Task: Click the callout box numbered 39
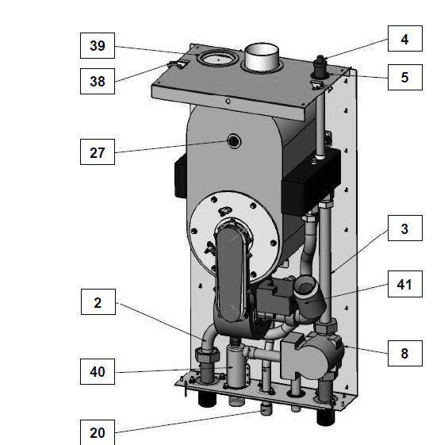pos(98,46)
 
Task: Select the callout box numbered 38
pos(98,81)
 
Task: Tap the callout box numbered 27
pos(98,152)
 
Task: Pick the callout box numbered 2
pos(98,302)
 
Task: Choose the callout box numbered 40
pos(98,371)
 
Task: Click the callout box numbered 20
pos(98,432)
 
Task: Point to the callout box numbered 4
pos(405,39)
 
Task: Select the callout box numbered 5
pos(405,77)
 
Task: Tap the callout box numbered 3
pos(405,228)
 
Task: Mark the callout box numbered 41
pos(405,284)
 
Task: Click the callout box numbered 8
pos(405,353)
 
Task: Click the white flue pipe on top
pos(262,58)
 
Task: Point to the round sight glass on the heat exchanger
pos(233,141)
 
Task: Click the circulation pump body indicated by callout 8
pos(312,356)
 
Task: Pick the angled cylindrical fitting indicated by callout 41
pos(308,297)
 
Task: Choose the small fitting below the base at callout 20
pos(266,409)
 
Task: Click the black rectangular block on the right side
pos(311,182)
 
